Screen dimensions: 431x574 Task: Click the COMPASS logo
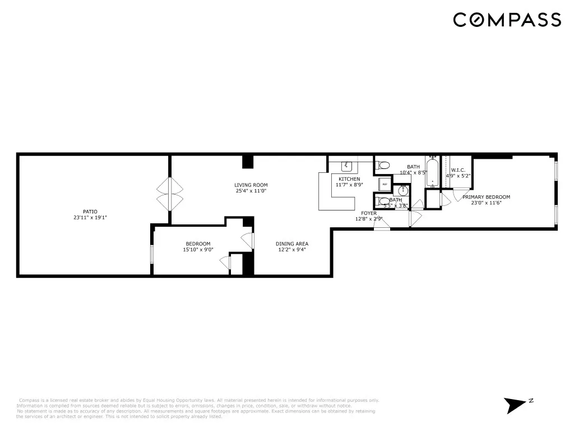point(507,20)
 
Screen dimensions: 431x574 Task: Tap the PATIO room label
point(90,212)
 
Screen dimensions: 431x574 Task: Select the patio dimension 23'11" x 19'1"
point(90,218)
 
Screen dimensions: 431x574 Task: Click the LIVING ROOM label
point(251,185)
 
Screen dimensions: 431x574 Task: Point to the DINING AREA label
point(291,244)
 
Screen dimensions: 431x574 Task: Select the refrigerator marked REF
point(385,184)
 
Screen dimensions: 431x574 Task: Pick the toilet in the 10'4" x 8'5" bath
point(384,165)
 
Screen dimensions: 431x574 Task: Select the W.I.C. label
point(458,170)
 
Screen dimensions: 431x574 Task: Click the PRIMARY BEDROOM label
point(486,197)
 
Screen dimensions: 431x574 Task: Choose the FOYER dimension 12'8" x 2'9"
point(369,219)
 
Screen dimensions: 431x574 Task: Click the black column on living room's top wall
point(248,162)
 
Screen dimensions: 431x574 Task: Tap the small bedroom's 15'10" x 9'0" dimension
point(198,250)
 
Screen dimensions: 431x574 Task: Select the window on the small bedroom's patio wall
point(152,254)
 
